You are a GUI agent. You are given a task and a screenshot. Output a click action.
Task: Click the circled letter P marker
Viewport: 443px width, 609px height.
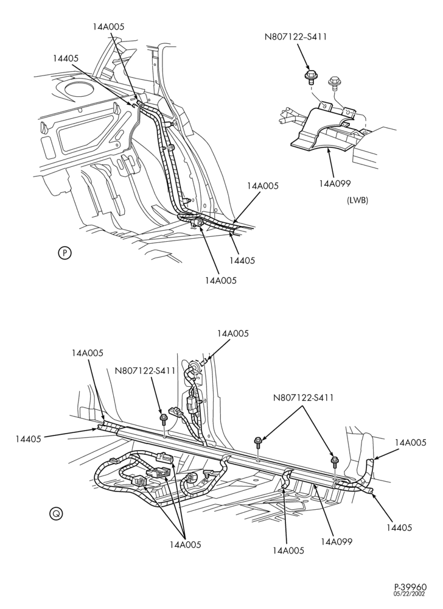[65, 253]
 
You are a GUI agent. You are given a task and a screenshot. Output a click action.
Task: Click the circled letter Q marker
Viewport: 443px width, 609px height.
[56, 513]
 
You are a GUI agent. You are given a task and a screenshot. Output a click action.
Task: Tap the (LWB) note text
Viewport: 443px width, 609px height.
[357, 200]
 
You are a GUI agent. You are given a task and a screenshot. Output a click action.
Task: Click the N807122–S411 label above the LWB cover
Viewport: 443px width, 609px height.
[296, 37]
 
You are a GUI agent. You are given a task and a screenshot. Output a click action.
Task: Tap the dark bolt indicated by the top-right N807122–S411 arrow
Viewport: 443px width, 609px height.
[310, 76]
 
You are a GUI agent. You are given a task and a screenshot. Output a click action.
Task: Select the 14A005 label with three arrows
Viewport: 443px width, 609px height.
[186, 544]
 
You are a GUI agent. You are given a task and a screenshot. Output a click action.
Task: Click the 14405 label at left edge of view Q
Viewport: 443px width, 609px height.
[29, 439]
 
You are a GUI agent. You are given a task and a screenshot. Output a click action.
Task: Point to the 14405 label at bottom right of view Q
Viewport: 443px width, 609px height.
[399, 527]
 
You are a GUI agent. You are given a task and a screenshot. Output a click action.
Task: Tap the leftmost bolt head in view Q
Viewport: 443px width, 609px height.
[163, 418]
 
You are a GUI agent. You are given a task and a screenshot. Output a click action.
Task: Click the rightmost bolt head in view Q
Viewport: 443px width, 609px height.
[334, 460]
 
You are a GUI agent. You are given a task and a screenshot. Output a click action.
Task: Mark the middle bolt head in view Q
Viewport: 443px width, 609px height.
[257, 440]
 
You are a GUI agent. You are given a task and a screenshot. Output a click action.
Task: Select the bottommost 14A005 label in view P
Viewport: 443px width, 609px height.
[221, 280]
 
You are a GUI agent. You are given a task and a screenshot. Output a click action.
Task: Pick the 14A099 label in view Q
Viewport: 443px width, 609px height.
[337, 541]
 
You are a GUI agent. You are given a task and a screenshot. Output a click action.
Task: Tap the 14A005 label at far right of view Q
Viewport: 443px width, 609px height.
[410, 442]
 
